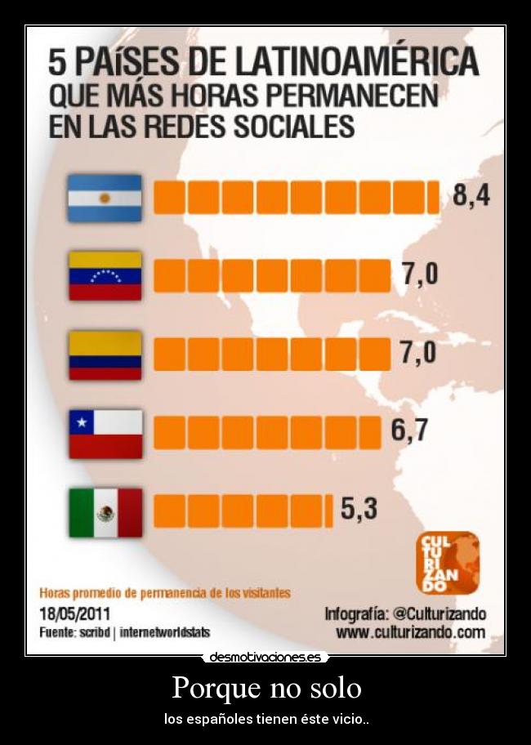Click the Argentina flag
point(105,198)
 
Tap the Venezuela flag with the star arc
point(105,275)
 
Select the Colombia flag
point(105,355)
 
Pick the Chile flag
point(105,433)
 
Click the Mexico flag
point(105,512)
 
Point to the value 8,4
point(471,197)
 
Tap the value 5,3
point(359,510)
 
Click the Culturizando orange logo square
point(448,562)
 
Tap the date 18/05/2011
point(75,613)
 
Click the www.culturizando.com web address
point(410,632)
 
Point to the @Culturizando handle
point(440,613)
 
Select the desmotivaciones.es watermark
point(265,657)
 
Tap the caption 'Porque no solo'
point(266,688)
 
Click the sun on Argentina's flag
point(105,198)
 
